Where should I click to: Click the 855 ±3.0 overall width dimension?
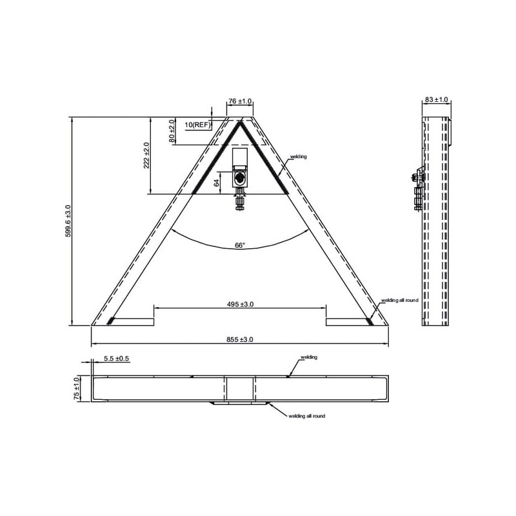click(239, 340)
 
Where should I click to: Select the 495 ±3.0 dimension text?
click(240, 304)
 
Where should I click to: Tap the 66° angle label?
click(240, 245)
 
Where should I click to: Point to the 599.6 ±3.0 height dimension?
click(68, 221)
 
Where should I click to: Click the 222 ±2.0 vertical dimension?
click(146, 155)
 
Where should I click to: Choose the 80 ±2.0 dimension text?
click(172, 131)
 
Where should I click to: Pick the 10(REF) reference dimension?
click(197, 124)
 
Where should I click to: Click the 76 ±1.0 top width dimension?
click(240, 101)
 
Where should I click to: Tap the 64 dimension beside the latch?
click(217, 183)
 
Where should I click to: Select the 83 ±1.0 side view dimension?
click(437, 99)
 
